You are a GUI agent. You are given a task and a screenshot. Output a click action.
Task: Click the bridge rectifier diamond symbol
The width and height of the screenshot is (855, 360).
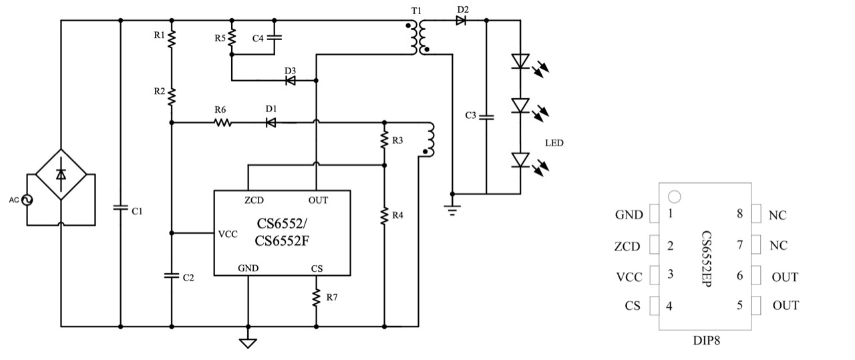[61, 174]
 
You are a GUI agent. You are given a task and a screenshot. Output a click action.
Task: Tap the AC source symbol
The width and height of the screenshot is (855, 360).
[28, 200]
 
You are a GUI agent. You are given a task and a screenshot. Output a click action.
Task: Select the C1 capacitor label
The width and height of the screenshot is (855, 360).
[137, 211]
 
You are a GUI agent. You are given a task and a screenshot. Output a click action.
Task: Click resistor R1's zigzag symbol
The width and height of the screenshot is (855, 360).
[172, 38]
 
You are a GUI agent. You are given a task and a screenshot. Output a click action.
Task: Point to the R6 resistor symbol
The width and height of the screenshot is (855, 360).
[222, 122]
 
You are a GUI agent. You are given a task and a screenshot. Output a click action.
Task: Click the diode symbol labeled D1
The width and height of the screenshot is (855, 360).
[271, 122]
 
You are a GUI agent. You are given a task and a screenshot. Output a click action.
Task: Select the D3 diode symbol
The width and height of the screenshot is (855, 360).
[291, 81]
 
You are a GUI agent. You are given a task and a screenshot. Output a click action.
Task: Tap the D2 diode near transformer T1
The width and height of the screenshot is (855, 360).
[461, 21]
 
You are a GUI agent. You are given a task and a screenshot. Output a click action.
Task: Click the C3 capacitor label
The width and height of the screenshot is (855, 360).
[471, 116]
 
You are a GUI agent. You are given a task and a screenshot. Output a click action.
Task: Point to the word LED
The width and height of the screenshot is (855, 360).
[554, 142]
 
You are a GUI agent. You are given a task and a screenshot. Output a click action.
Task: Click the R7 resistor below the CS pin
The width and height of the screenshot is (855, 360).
[317, 297]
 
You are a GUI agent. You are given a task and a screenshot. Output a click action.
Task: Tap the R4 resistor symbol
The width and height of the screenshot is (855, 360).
[385, 216]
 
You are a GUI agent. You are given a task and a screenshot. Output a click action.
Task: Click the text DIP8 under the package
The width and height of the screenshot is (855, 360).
[707, 339]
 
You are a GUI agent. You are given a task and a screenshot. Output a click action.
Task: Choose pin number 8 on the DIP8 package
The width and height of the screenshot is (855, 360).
[740, 214]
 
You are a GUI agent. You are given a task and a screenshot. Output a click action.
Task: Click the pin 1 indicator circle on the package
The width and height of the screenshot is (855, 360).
[675, 197]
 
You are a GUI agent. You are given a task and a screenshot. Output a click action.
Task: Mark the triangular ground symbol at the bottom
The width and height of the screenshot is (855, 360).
[248, 343]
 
